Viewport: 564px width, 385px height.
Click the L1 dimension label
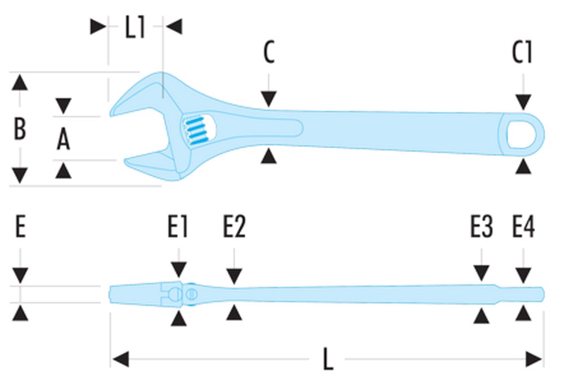pos(135,28)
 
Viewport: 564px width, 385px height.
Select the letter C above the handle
pos(269,53)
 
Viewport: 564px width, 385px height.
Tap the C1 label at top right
pos(522,53)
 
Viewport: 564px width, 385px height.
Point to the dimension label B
pos(20,129)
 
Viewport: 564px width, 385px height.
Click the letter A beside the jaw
pos(64,139)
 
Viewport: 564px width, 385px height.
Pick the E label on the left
pos(20,229)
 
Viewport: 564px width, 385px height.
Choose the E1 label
pos(178,229)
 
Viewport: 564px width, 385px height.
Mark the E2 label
pos(234,229)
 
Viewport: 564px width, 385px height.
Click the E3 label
pos(482,229)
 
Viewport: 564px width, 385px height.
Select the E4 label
pos(523,229)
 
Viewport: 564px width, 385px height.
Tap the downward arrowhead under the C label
pos(269,100)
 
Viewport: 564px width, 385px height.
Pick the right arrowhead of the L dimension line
pos(534,359)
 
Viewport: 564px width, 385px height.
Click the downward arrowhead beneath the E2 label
pos(234,276)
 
